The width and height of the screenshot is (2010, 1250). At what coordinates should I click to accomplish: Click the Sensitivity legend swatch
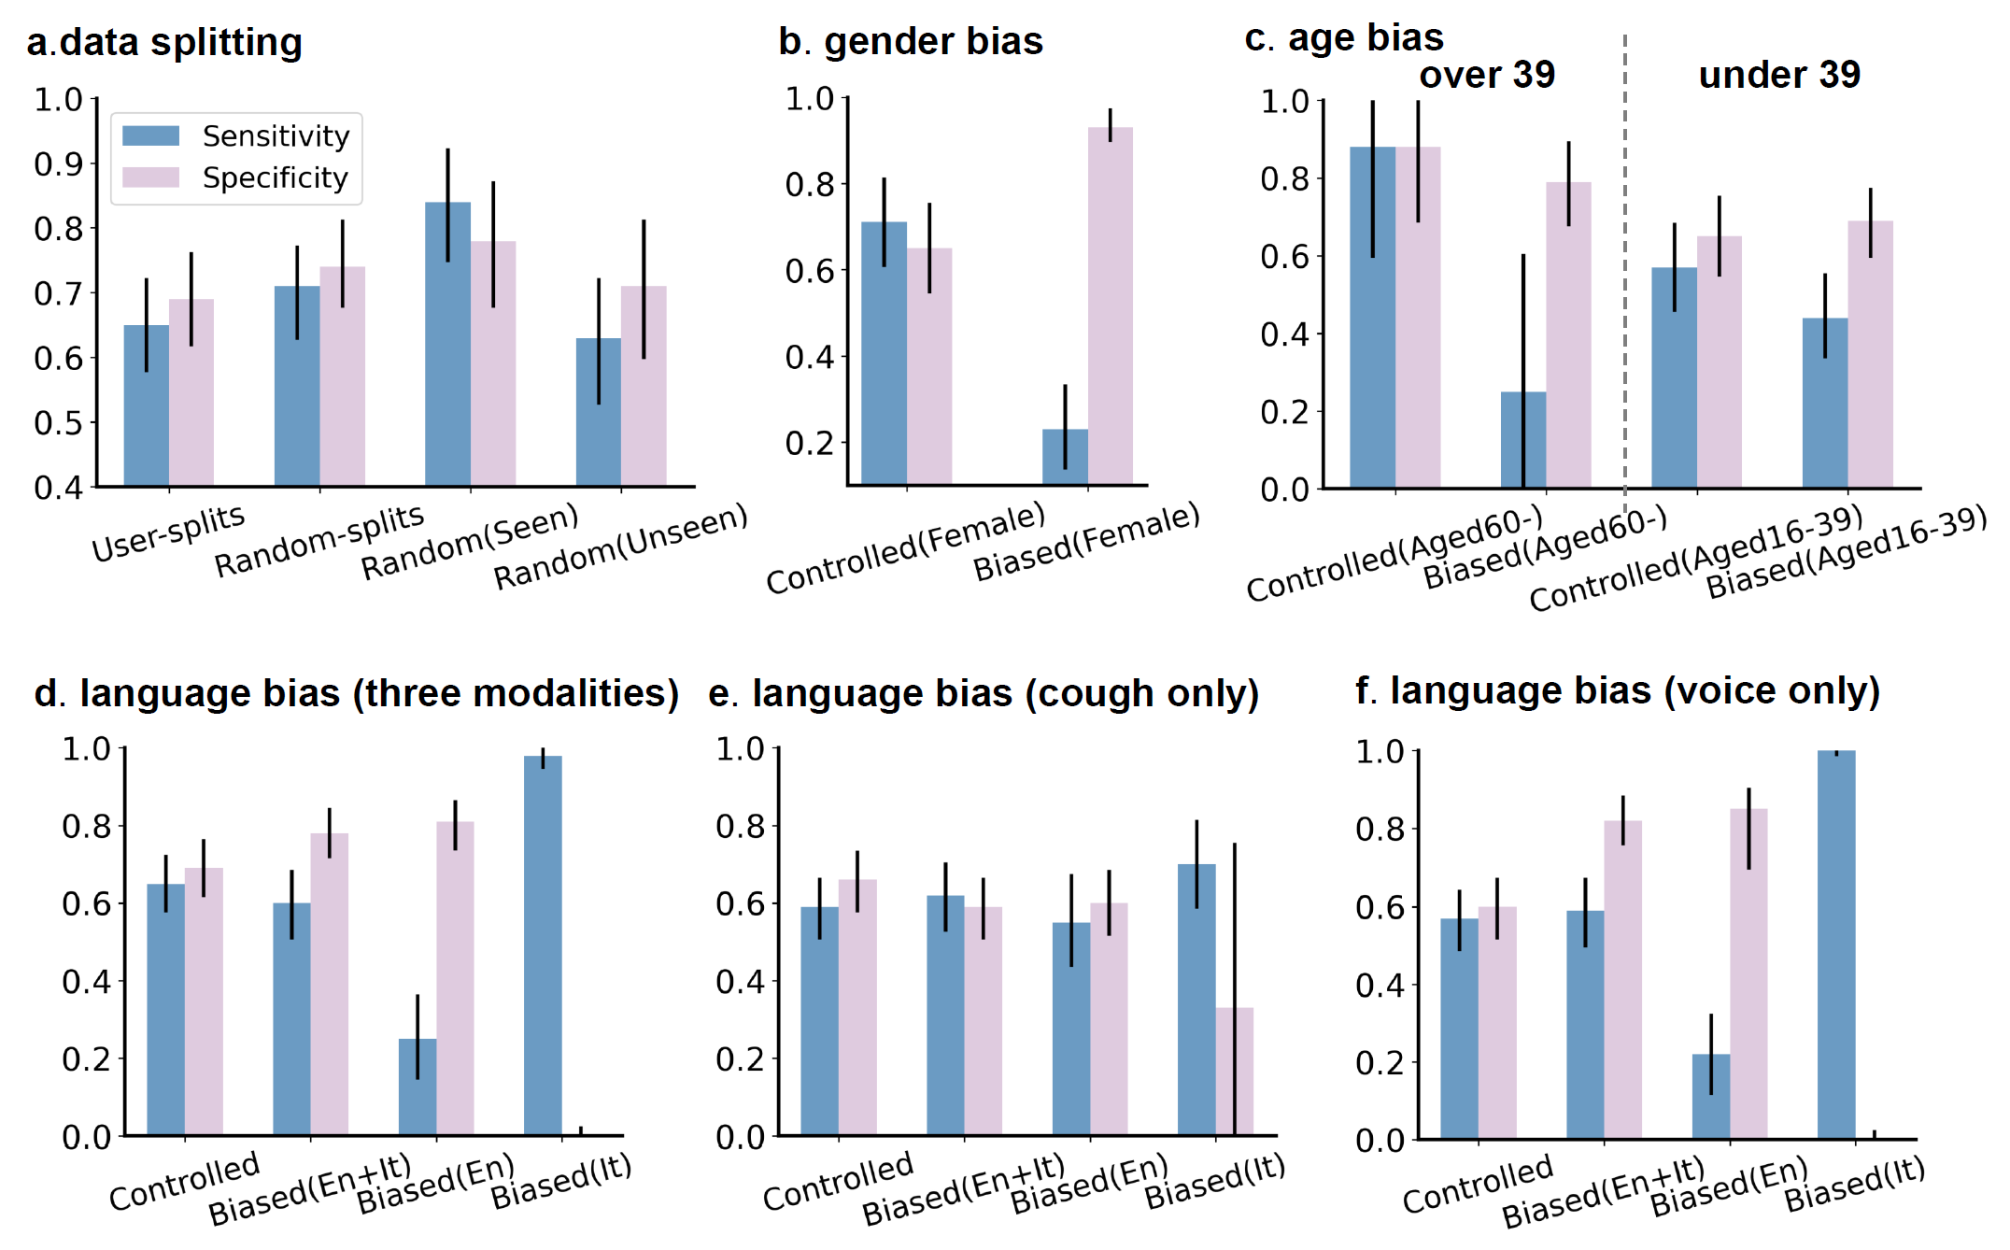coord(150,136)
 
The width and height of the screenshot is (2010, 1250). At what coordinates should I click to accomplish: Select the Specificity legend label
coord(275,178)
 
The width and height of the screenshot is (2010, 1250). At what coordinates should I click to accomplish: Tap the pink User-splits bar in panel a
coord(191,392)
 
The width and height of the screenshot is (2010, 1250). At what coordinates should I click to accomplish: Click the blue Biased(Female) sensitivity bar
coord(1065,457)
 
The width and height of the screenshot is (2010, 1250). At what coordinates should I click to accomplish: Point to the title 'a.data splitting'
coord(164,43)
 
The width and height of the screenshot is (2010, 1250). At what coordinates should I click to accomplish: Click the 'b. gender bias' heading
coord(911,42)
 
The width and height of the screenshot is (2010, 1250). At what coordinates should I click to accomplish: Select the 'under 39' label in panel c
coord(1779,75)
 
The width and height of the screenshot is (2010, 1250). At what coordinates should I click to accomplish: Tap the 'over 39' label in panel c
coord(1487,75)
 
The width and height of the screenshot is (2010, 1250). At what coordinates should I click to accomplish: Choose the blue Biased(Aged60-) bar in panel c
coord(1522,439)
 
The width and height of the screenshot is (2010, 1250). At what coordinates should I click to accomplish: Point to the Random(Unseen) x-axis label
coord(620,547)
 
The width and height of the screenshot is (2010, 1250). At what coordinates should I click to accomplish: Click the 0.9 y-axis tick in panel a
coord(58,164)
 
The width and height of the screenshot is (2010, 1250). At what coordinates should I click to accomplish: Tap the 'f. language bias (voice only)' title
coord(1617,691)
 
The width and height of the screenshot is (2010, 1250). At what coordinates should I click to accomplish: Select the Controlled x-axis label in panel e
coord(837,1182)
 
